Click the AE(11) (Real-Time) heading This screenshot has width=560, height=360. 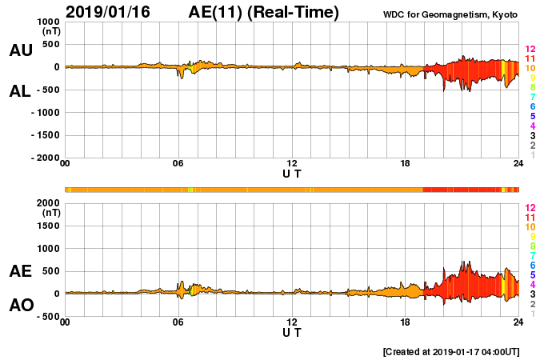pyautogui.click(x=264, y=12)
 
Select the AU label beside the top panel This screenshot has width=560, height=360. pyautogui.click(x=21, y=50)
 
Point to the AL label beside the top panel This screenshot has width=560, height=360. pyautogui.click(x=21, y=91)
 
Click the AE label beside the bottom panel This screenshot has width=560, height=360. pyautogui.click(x=21, y=271)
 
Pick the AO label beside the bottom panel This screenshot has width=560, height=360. pyautogui.click(x=21, y=306)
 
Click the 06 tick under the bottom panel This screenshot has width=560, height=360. pyautogui.click(x=178, y=322)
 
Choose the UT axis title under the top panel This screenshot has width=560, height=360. pyautogui.click(x=292, y=173)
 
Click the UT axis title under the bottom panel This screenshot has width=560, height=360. pyautogui.click(x=292, y=332)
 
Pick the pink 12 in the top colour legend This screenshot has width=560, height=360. pyautogui.click(x=530, y=50)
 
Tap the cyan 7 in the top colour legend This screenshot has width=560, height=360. pyautogui.click(x=532, y=97)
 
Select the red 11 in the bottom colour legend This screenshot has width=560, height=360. pyautogui.click(x=530, y=218)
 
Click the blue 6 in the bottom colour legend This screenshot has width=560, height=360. pyautogui.click(x=532, y=265)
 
